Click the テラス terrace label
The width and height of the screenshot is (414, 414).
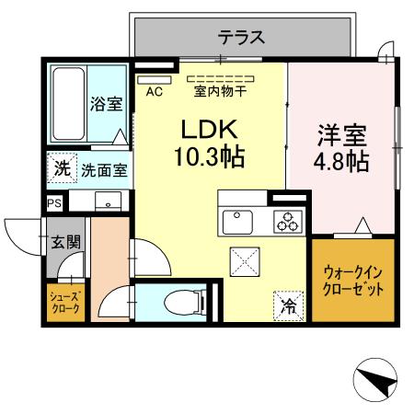(x=242, y=38)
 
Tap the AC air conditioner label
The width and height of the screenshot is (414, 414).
(x=154, y=91)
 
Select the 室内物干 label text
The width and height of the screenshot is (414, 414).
(x=220, y=91)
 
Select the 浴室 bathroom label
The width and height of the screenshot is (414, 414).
(x=106, y=104)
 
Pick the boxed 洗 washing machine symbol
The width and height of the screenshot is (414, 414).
(x=60, y=168)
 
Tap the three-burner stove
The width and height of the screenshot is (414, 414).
(x=288, y=222)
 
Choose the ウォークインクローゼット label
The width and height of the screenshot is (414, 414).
(x=354, y=280)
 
